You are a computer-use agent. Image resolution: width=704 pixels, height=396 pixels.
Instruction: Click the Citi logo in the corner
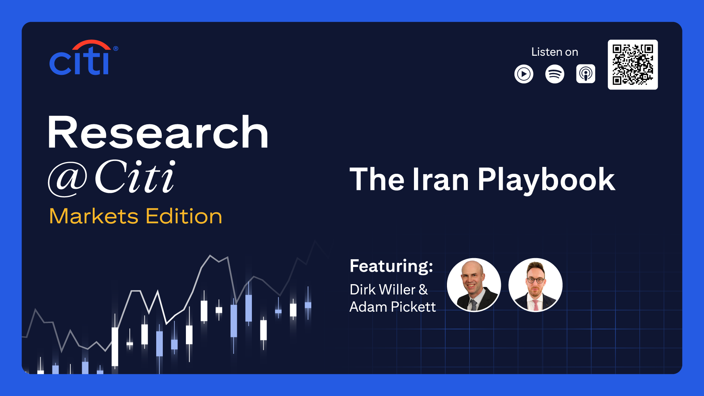[84, 58]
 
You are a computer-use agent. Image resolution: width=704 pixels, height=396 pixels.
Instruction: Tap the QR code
[632, 65]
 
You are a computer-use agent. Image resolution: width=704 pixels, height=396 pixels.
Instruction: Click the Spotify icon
[554, 74]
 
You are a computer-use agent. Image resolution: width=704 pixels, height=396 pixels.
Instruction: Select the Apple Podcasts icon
[586, 74]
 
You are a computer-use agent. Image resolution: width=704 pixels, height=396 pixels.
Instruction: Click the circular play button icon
[524, 74]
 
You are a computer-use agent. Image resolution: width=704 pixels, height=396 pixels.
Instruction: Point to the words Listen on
[554, 52]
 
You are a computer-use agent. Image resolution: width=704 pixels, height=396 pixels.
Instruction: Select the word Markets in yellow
[94, 216]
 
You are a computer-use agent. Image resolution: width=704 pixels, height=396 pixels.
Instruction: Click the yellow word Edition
[184, 216]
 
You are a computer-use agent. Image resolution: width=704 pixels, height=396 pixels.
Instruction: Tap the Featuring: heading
[391, 266]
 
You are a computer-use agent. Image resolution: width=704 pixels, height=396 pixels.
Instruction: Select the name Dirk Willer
[382, 290]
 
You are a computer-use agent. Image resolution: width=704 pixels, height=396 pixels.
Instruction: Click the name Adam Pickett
[393, 307]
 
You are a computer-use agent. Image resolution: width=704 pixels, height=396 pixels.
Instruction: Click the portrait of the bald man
[474, 285]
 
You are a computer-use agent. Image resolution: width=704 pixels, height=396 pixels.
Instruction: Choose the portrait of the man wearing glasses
[535, 285]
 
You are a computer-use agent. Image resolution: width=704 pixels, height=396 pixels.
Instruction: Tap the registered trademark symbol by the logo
[115, 48]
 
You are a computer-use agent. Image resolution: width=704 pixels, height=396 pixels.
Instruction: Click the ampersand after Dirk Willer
[423, 290]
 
